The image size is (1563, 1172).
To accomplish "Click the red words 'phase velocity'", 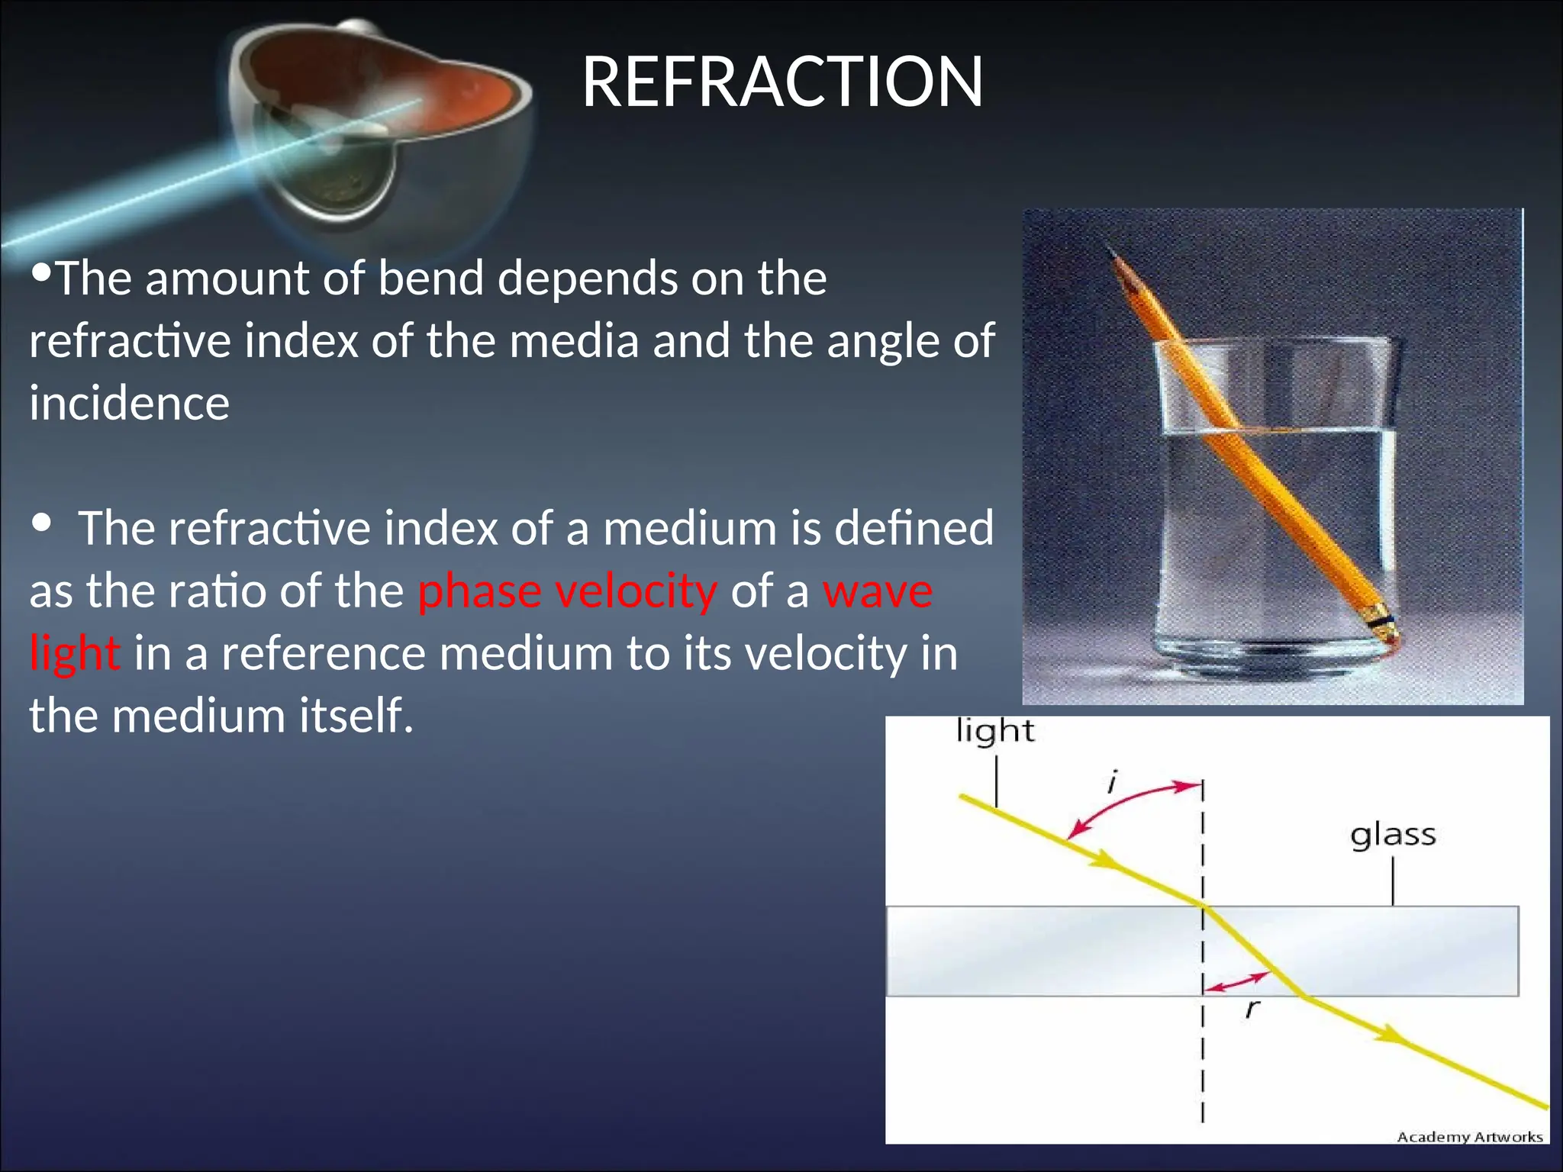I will pyautogui.click(x=567, y=591).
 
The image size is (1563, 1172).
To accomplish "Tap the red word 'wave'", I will pyautogui.click(x=878, y=591).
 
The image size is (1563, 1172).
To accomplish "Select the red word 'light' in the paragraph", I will pyautogui.click(x=74, y=654).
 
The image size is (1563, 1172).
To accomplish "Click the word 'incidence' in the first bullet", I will pyautogui.click(x=129, y=403).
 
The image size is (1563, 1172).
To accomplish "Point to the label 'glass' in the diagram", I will pyautogui.click(x=1393, y=835).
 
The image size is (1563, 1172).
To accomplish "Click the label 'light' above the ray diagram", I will pyautogui.click(x=994, y=731).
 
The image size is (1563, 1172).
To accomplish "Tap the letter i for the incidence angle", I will pyautogui.click(x=1113, y=782).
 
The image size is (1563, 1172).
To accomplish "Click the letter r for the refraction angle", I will pyautogui.click(x=1252, y=1009).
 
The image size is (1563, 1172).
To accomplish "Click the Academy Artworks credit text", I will pyautogui.click(x=1469, y=1137).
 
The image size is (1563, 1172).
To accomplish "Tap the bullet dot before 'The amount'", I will pyautogui.click(x=43, y=271).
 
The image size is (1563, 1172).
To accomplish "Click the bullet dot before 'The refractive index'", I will pyautogui.click(x=42, y=523).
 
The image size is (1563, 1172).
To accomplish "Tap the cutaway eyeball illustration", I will pyautogui.click(x=382, y=130).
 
